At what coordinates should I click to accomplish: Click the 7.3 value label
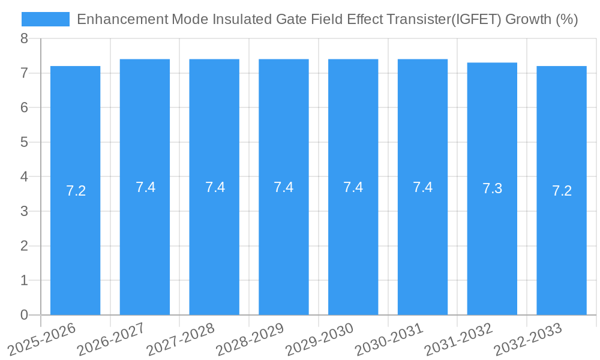click(492, 189)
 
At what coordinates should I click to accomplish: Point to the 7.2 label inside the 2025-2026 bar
click(76, 191)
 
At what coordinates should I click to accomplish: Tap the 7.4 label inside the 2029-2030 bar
click(353, 187)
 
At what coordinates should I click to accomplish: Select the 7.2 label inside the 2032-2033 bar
click(562, 191)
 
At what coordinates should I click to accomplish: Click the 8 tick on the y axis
click(24, 39)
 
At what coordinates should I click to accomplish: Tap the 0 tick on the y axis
click(24, 315)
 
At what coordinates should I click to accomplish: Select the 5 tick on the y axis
click(24, 142)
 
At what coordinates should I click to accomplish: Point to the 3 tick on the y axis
click(24, 211)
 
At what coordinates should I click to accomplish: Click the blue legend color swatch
click(46, 19)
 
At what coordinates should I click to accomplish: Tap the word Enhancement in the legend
click(122, 19)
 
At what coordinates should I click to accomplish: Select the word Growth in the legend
click(528, 19)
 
